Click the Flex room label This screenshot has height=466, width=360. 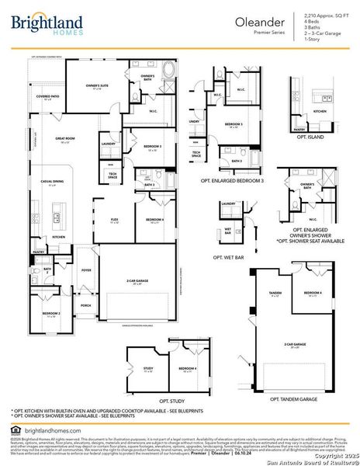click(x=114, y=221)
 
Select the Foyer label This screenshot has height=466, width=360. click(x=86, y=271)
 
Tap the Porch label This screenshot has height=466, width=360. click(x=85, y=304)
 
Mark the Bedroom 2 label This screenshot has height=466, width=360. click(x=51, y=314)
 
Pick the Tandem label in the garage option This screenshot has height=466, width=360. click(x=274, y=294)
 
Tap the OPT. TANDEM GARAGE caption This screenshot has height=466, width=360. click(x=294, y=398)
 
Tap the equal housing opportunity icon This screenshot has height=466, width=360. click(x=16, y=429)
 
